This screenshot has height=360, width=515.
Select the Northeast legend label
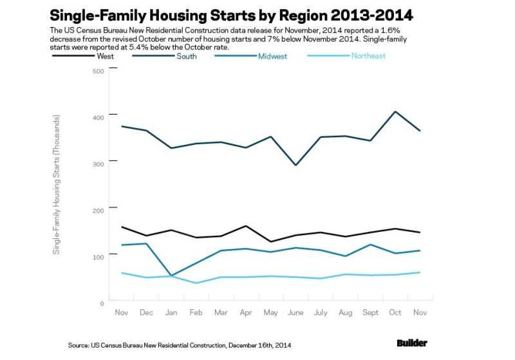point(368,56)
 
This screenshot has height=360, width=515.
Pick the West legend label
point(105,56)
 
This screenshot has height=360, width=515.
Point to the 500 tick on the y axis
point(98,71)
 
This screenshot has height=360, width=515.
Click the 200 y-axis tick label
point(98,211)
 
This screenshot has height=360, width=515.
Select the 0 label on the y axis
point(102,304)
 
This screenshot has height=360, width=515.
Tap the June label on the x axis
point(295,312)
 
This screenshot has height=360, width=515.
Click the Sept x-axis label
point(370,312)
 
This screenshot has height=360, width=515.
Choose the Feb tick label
point(196,312)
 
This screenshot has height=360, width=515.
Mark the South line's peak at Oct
point(395,111)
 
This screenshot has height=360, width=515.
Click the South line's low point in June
point(296,166)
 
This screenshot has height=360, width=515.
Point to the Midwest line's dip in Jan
point(171,275)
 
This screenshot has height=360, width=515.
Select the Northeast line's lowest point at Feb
point(196,283)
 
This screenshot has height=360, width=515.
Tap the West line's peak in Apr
point(246,226)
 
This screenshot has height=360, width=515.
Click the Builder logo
point(412,343)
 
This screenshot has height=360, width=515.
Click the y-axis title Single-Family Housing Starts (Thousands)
point(57,185)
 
